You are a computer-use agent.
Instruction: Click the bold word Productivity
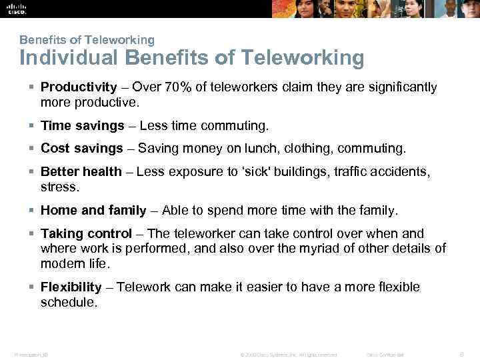79,87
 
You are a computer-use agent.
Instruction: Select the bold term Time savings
83,126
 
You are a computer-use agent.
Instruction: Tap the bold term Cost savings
82,149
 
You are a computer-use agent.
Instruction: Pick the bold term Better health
81,172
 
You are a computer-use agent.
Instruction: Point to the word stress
59,187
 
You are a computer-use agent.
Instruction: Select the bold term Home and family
93,211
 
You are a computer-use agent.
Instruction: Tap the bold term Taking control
87,234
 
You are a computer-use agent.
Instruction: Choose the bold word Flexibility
71,287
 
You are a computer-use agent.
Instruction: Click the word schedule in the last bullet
69,302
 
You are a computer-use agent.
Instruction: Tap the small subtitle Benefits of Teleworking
87,40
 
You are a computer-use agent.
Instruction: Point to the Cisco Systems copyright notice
289,354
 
